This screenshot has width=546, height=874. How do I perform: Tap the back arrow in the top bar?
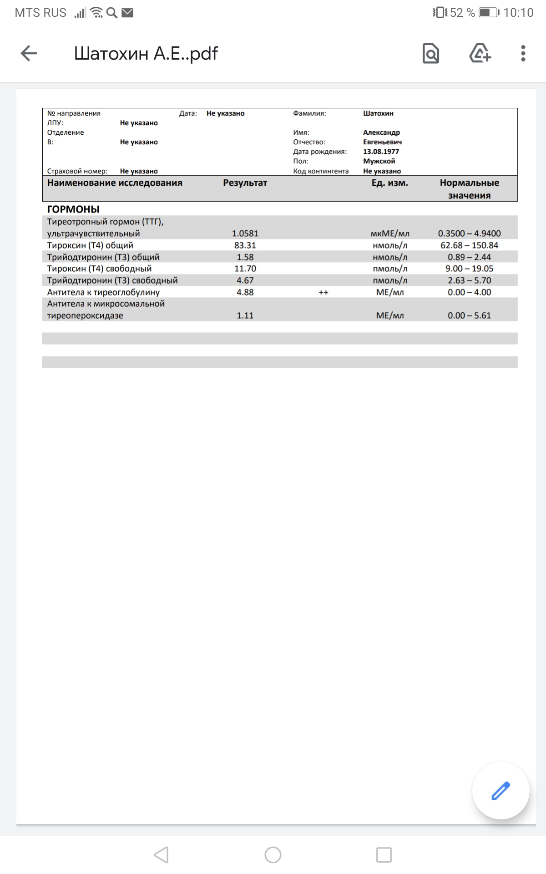pos(29,53)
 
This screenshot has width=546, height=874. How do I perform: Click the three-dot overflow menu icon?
pos(523,53)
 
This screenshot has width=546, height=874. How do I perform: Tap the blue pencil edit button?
pos(500,791)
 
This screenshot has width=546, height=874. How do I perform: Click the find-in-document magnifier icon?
pos(430,53)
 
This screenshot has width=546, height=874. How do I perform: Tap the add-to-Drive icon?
pos(480,53)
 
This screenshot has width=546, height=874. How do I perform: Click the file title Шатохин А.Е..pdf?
pos(146,53)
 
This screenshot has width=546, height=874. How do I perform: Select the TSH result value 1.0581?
pos(245,234)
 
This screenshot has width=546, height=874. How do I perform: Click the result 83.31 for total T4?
pos(245,245)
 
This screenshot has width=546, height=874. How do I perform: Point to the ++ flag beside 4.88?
pos(323,293)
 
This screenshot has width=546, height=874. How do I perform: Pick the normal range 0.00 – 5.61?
pos(469,315)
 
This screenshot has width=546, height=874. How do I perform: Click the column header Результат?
pos(245,183)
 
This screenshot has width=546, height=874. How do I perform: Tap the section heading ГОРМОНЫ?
pos(73,209)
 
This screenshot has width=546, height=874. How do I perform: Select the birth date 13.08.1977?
pos(381,152)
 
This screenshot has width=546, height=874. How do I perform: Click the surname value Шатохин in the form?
pos(378,113)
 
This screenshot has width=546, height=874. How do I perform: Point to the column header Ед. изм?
pos(389,183)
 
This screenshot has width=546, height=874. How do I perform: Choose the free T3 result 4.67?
pos(245,280)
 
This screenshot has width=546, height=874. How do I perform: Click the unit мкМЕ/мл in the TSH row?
pos(390,234)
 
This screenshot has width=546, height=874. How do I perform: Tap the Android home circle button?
pos(273,855)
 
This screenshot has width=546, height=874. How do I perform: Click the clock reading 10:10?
pos(518,13)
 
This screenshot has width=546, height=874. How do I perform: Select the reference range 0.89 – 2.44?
pos(469,257)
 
